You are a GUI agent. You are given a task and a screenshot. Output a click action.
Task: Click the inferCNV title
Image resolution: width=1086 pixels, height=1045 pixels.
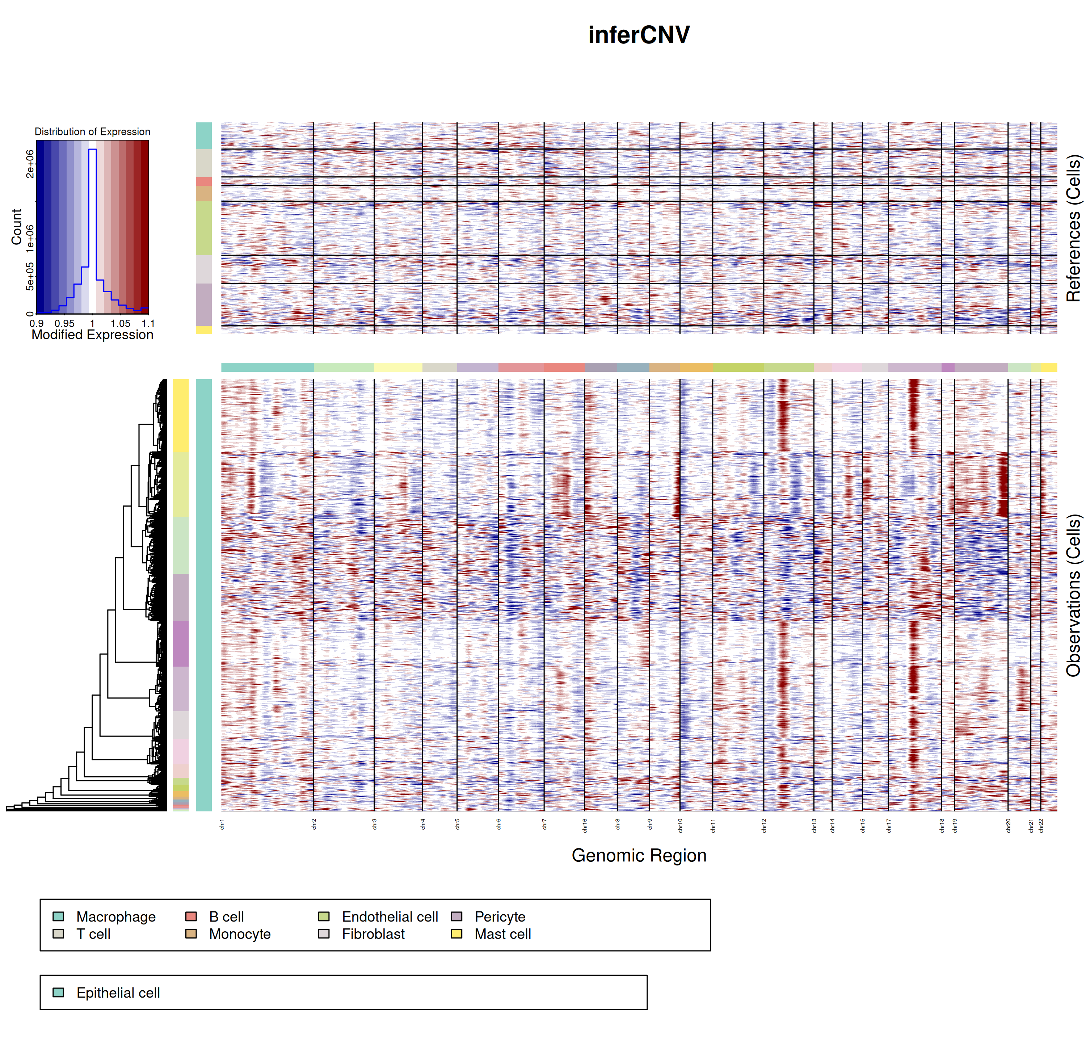pos(639,35)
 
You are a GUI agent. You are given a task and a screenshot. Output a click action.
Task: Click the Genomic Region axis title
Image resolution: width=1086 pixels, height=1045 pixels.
pos(639,855)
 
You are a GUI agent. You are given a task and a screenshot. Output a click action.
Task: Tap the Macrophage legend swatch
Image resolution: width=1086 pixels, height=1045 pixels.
pos(58,916)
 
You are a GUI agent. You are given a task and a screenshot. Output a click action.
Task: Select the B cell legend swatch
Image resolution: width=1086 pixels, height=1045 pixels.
pos(191,916)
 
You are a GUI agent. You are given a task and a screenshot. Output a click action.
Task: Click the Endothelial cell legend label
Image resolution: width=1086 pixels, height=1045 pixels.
pos(390,916)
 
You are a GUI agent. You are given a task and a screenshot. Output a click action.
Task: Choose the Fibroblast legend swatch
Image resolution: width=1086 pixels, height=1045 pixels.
pos(324,933)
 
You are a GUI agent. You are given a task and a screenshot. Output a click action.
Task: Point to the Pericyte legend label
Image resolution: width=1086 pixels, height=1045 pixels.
pos(500,916)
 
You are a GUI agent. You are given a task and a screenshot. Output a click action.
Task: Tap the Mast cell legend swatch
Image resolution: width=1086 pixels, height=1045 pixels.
pos(456,933)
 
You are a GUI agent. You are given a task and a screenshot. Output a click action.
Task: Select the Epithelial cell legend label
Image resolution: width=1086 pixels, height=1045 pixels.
pos(118,992)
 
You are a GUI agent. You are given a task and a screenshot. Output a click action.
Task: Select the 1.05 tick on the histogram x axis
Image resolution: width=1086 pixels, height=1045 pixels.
pos(120,323)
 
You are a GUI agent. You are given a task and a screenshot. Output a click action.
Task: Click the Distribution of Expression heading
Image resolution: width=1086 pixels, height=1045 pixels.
pos(93,131)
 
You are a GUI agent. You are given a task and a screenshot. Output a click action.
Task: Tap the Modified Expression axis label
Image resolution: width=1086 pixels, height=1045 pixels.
pos(93,335)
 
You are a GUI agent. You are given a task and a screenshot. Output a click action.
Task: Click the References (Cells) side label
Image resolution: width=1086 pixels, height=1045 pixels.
pos(1073,228)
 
